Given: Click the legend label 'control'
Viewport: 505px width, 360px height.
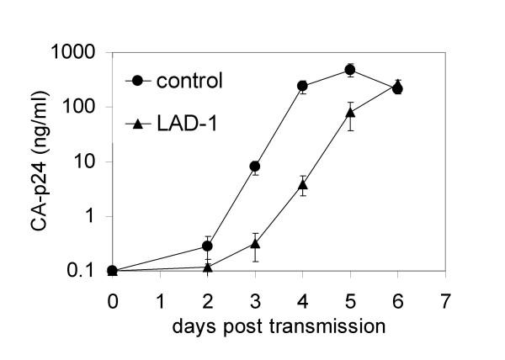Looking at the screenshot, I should (x=190, y=82).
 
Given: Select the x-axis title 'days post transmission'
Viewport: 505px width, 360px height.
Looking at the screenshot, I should (x=255, y=323).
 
